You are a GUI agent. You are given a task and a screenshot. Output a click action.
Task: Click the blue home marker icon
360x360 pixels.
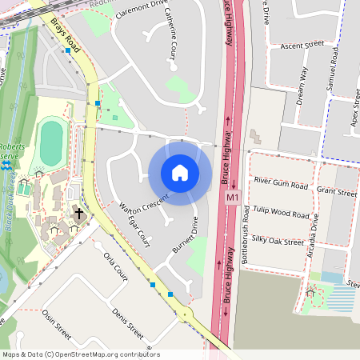pos(180,173)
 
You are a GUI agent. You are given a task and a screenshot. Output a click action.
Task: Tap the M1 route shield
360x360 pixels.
pos(233,197)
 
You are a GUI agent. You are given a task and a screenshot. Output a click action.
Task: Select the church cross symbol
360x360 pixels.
pos(79,214)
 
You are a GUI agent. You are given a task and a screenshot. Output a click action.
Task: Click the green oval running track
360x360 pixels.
pos(50,143)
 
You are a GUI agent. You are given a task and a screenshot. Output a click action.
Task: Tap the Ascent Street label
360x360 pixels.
pos(302,46)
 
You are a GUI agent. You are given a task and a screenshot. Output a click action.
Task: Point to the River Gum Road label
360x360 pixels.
pos(280,184)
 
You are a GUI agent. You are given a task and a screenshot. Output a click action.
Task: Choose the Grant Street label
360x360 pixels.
pos(336,192)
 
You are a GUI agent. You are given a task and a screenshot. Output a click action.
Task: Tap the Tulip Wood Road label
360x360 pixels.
pos(280,214)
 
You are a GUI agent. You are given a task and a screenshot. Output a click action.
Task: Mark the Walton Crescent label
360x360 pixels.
pos(144,203)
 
